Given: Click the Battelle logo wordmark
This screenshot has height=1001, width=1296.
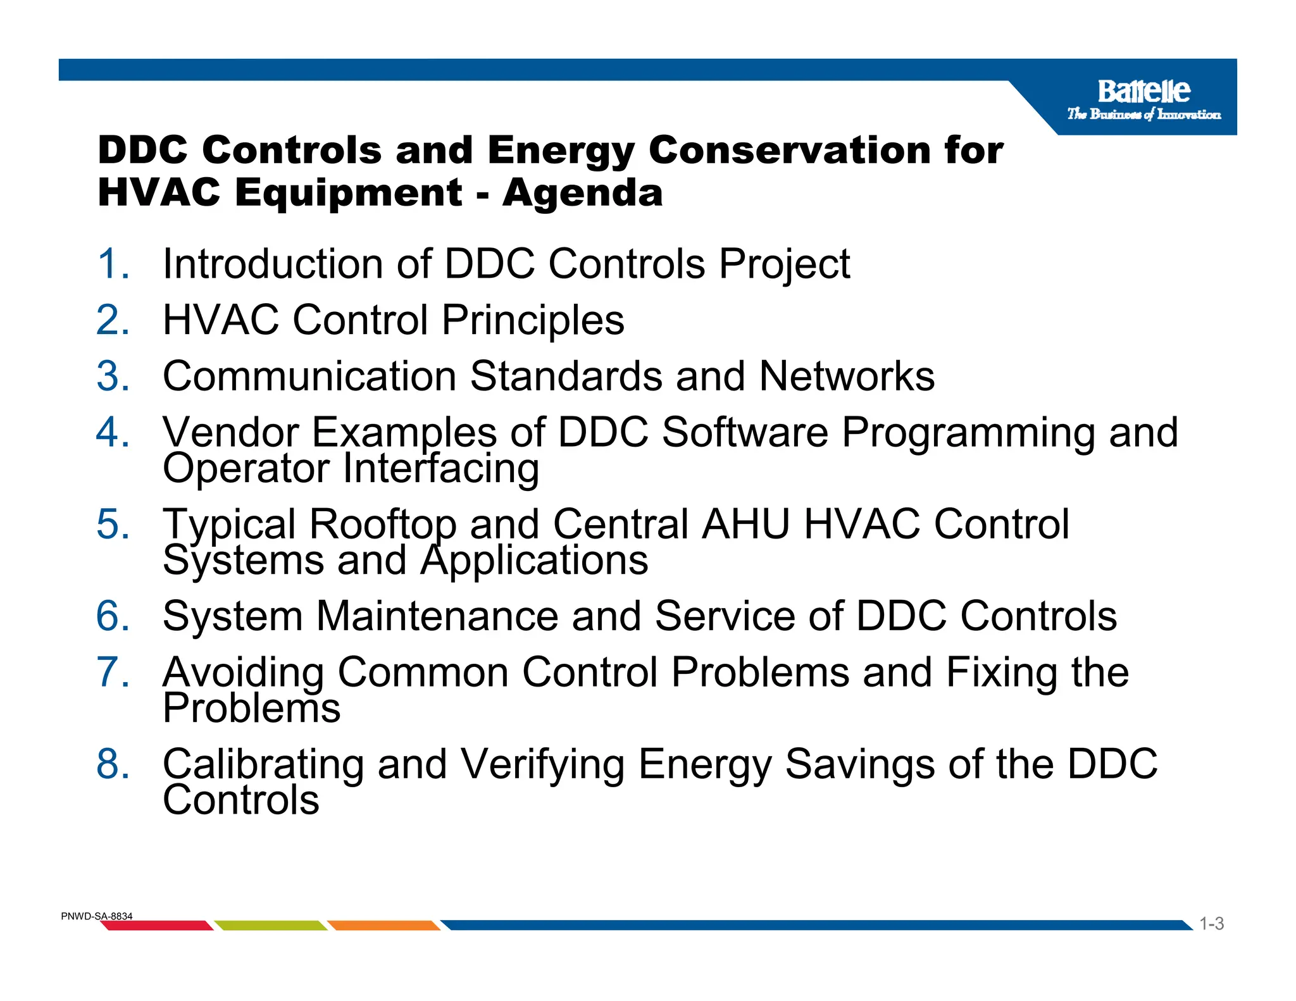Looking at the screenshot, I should (1143, 92).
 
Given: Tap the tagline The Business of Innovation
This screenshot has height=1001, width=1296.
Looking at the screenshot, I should (1143, 115).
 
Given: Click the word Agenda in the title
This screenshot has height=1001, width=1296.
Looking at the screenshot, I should (582, 192).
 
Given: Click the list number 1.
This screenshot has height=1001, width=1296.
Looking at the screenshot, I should (113, 264).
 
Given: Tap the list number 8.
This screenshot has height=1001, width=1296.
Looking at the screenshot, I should (113, 764).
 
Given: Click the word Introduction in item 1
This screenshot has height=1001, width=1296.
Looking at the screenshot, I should (272, 264).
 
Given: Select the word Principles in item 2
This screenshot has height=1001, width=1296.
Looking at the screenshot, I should (532, 320).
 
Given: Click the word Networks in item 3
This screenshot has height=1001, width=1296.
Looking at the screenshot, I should (846, 376).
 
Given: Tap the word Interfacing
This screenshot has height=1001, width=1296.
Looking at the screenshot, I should (441, 469).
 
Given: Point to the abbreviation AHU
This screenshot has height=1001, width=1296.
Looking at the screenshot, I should (745, 525).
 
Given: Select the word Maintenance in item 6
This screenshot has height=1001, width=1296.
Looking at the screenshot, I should (437, 616).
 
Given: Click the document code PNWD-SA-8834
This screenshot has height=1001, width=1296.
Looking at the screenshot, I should (96, 916).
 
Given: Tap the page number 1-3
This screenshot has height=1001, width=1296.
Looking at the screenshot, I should (1211, 924).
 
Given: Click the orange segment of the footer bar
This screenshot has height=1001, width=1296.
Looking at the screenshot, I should (383, 926).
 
